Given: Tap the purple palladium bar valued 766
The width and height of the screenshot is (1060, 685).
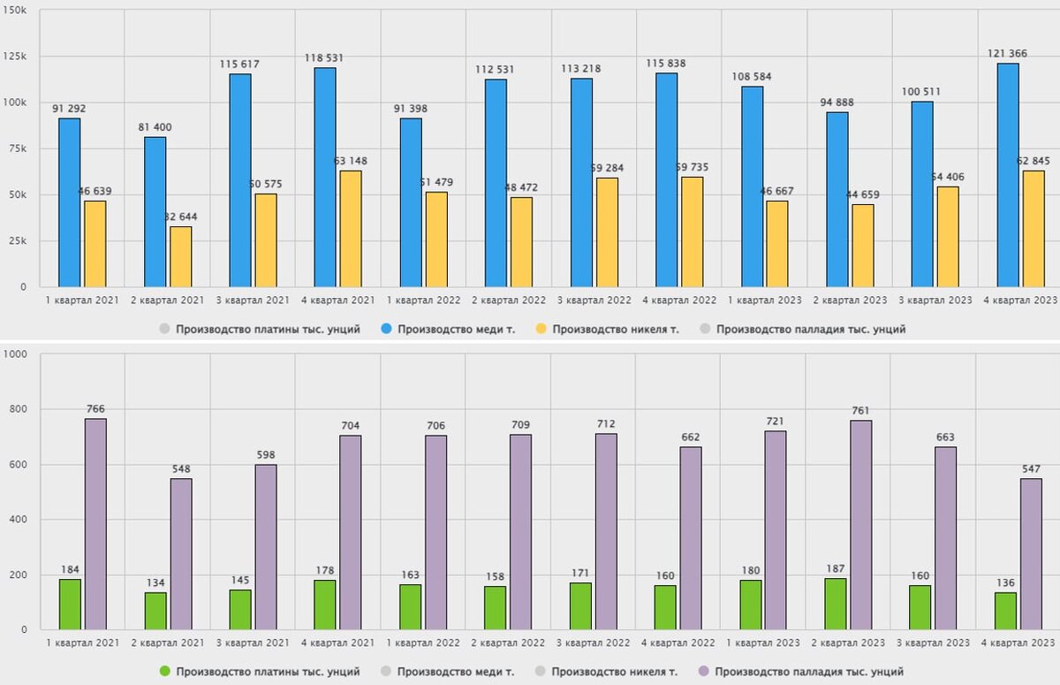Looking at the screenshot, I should coord(95,523).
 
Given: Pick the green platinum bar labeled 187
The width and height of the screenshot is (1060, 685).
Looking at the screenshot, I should coord(835,604).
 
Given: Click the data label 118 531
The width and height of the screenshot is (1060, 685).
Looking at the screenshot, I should coord(323,58).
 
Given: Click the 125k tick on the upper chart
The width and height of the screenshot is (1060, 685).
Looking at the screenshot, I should coord(14,57).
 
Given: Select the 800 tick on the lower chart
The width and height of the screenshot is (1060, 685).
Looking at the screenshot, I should coord(17,409).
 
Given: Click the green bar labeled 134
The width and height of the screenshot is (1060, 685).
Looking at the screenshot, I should coord(155,611).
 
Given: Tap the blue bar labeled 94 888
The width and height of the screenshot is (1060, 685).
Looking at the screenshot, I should coord(837,199).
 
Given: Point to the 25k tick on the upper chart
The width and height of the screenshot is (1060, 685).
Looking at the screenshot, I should coord(17,241).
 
